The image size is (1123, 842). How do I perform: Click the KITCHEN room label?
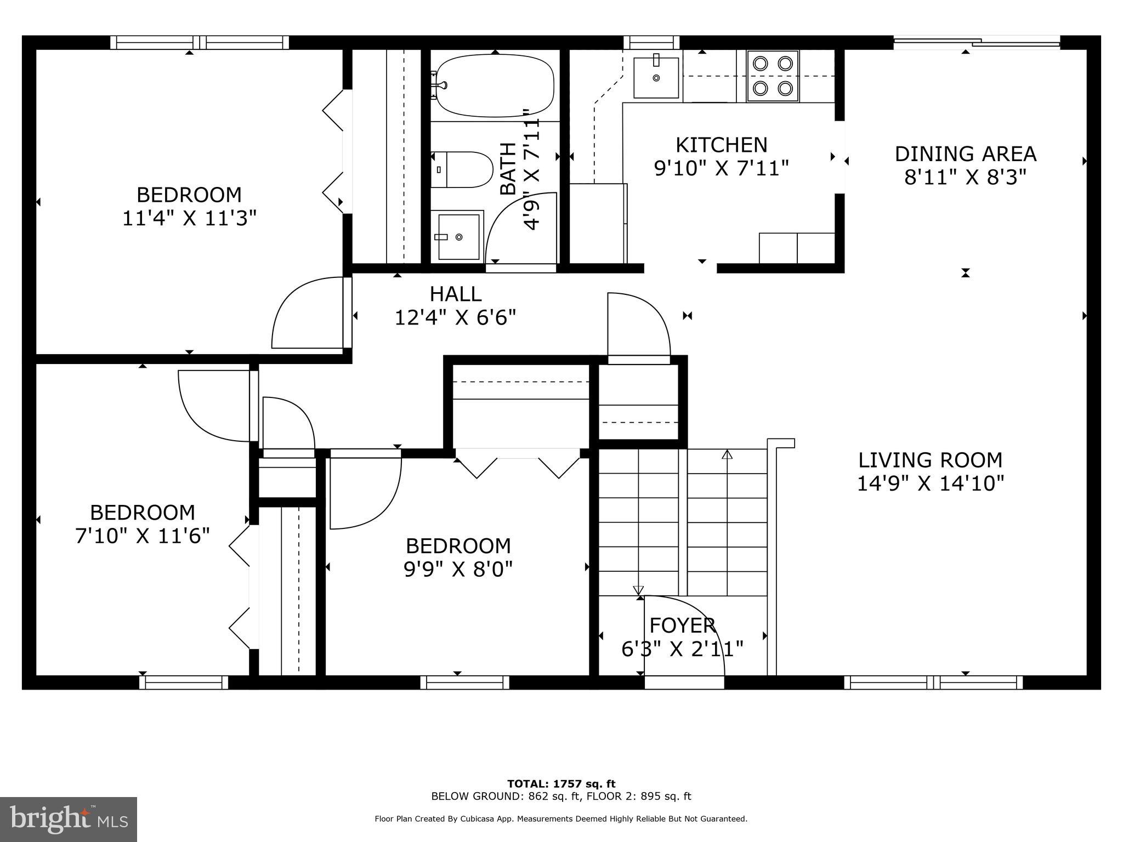[x=721, y=145]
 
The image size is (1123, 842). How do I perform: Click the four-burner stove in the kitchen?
[x=773, y=76]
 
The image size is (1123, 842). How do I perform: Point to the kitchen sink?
[x=656, y=78]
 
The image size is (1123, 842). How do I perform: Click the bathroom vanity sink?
[x=457, y=236]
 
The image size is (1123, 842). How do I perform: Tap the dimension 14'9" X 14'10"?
[x=930, y=483]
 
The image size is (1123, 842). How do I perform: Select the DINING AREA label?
[x=965, y=154]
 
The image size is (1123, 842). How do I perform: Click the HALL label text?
[x=455, y=294]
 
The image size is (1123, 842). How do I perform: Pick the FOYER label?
[x=682, y=625]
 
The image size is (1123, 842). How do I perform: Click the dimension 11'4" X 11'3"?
[x=189, y=218]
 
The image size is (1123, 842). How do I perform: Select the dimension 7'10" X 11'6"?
[x=143, y=536]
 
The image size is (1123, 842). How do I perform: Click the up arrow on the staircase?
[x=727, y=454]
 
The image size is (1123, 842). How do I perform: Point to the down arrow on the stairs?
[x=638, y=590]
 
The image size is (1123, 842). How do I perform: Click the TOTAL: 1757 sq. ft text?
[x=561, y=784]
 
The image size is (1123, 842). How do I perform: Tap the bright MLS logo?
[x=69, y=820]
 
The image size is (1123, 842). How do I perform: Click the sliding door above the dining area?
[x=976, y=42]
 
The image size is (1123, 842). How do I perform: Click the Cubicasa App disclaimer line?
[x=561, y=819]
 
